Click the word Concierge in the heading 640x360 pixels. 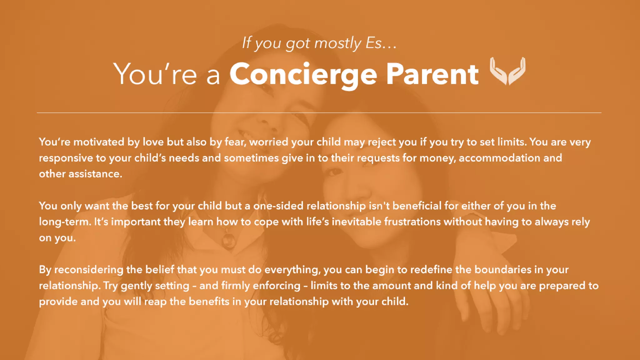pyautogui.click(x=303, y=74)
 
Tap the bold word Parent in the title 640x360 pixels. pyautogui.click(x=432, y=74)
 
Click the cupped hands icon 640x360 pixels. pyautogui.click(x=507, y=71)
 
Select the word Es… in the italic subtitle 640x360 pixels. pyautogui.click(x=381, y=43)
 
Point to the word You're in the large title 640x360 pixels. pyautogui.click(x=155, y=74)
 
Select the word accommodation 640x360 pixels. pyautogui.click(x=499, y=158)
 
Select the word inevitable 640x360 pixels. pyautogui.click(x=356, y=222)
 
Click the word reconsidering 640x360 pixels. pyautogui.click(x=89, y=270)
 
